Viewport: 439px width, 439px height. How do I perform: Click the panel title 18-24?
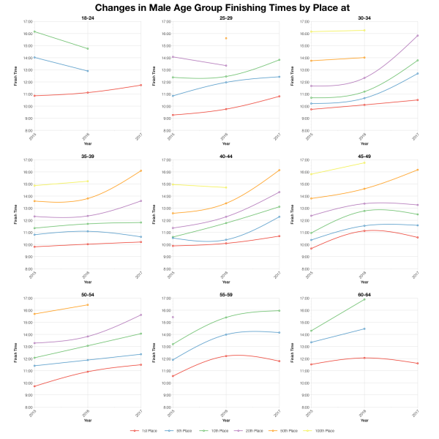(87, 18)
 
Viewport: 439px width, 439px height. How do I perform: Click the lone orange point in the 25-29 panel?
(225, 38)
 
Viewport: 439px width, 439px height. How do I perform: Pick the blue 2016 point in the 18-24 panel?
(87, 71)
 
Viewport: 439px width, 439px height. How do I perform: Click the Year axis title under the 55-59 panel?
(225, 421)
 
